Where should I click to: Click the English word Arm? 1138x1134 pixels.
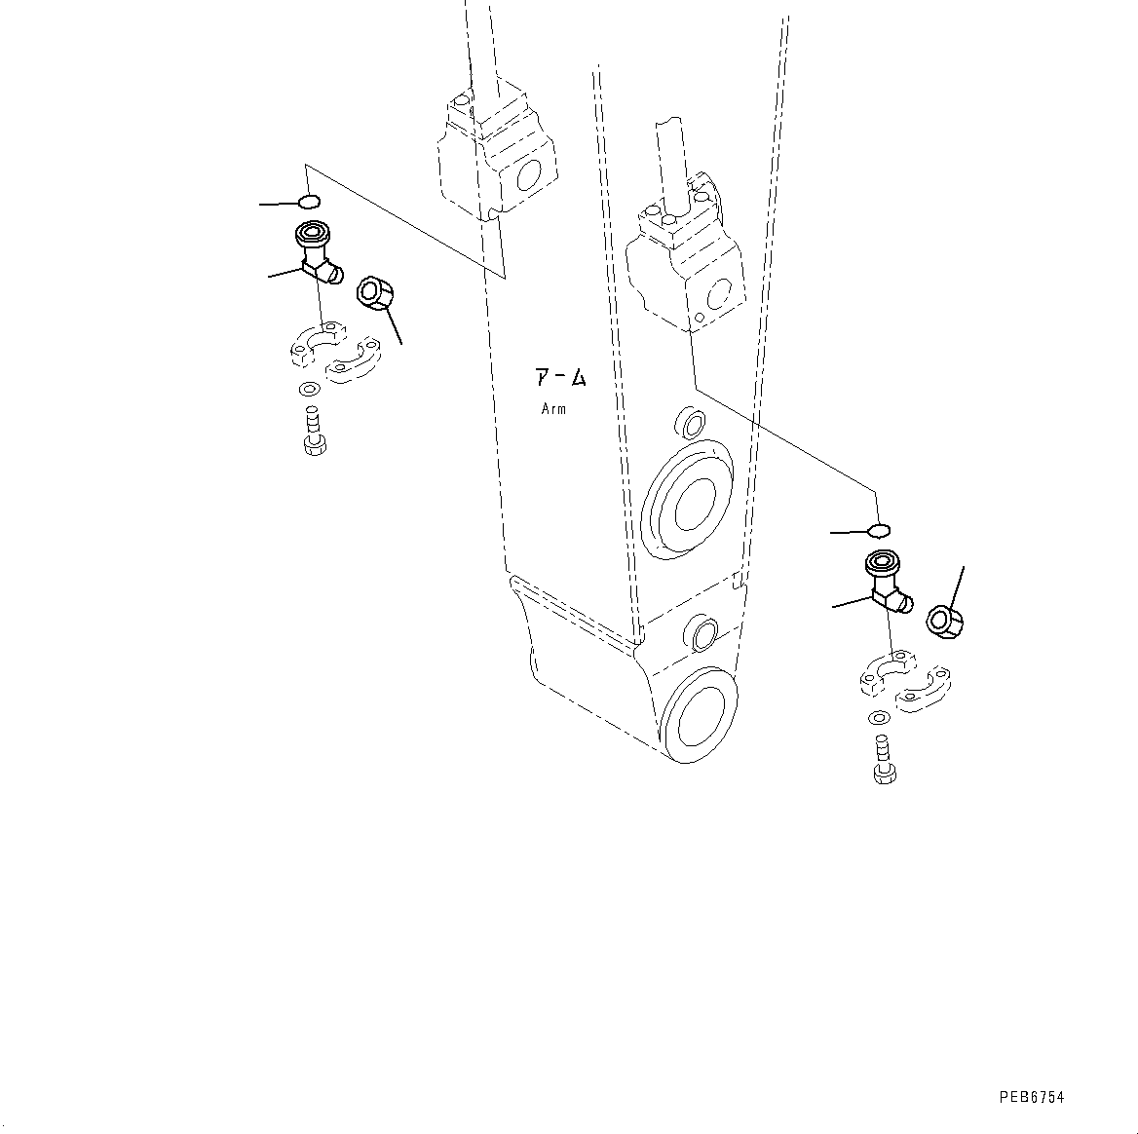coord(553,409)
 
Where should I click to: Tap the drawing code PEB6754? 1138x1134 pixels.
coord(1032,1097)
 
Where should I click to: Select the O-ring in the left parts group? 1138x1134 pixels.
coord(308,202)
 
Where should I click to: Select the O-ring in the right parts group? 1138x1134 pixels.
coord(879,530)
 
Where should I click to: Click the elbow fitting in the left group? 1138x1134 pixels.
coord(317,253)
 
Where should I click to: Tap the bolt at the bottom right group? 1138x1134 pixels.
coord(883,761)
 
